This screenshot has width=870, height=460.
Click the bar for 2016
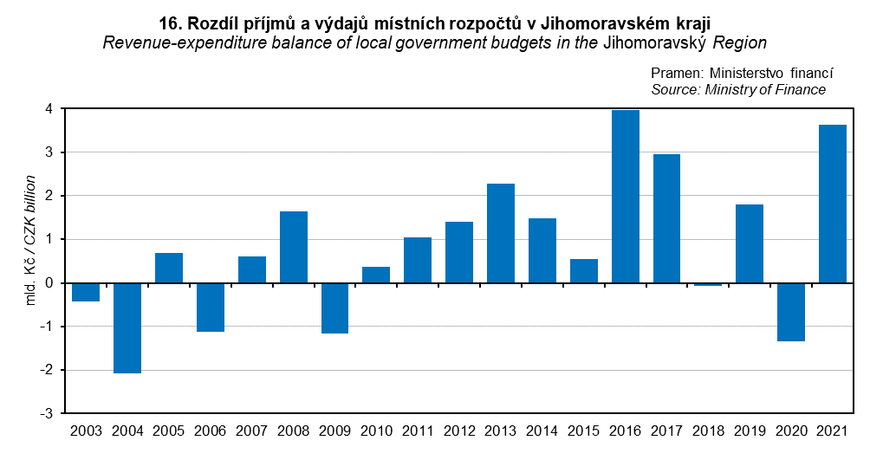(x=625, y=197)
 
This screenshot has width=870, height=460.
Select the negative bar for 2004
(x=127, y=327)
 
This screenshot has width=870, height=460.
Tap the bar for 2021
(x=832, y=204)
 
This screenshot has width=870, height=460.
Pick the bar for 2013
(x=501, y=233)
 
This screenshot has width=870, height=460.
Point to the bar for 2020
(x=790, y=312)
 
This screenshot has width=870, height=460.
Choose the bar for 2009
(x=334, y=308)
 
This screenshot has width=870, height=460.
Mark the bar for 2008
(x=293, y=247)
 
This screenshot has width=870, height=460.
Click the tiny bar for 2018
(x=708, y=284)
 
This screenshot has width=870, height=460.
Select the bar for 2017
(x=666, y=218)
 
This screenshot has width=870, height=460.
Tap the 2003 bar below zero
(x=86, y=292)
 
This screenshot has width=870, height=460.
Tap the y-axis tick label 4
(x=50, y=109)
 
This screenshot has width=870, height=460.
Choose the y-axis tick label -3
(x=48, y=413)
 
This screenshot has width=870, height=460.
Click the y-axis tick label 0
(x=50, y=283)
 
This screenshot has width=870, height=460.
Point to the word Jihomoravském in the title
(x=596, y=21)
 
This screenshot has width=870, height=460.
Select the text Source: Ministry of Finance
(x=737, y=89)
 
